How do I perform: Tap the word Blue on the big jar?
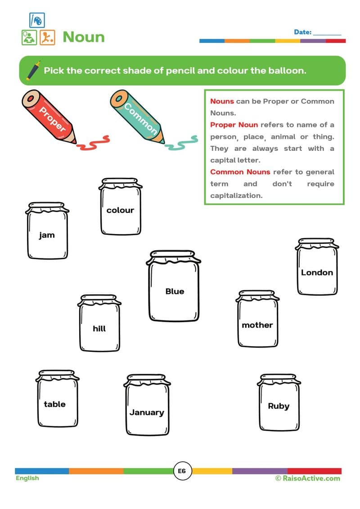tap(175, 291)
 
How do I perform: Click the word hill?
tap(99, 329)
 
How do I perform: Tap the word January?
tap(147, 412)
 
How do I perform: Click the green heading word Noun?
tap(83, 37)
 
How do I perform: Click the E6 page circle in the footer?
tap(182, 471)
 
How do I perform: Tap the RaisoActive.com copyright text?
tap(308, 478)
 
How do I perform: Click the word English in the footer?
tap(27, 478)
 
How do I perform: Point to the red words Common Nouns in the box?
tap(240, 172)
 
